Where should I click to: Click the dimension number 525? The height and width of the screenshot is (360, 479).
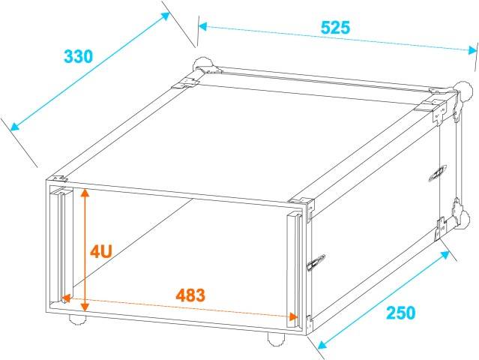tap(335, 28)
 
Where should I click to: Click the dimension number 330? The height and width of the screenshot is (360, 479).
tap(78, 56)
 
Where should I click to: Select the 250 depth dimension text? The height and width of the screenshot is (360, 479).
tap(401, 313)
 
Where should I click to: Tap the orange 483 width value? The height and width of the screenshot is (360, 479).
tap(190, 295)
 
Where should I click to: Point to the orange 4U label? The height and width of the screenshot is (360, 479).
tap(101, 252)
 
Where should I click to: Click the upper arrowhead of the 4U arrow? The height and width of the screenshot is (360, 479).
tap(85, 193)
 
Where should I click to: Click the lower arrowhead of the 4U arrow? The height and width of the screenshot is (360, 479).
tap(85, 307)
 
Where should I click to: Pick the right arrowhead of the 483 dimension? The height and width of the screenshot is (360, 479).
tap(293, 316)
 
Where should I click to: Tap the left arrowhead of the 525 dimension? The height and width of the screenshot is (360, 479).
tap(203, 26)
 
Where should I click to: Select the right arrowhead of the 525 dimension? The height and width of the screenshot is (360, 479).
tap(472, 49)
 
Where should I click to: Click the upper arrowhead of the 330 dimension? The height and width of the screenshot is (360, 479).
tap(165, 16)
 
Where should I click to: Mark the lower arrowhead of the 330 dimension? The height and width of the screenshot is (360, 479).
tap(14, 126)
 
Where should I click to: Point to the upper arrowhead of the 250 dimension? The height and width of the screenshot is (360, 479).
tap(446, 254)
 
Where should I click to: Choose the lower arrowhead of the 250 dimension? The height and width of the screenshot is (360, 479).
tap(322, 345)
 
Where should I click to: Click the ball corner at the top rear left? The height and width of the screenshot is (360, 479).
tap(202, 64)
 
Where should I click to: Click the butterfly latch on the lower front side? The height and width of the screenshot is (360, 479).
tap(316, 262)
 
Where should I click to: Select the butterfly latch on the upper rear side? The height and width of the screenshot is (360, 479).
tap(438, 173)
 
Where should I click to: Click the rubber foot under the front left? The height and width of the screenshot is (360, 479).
tap(77, 319)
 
